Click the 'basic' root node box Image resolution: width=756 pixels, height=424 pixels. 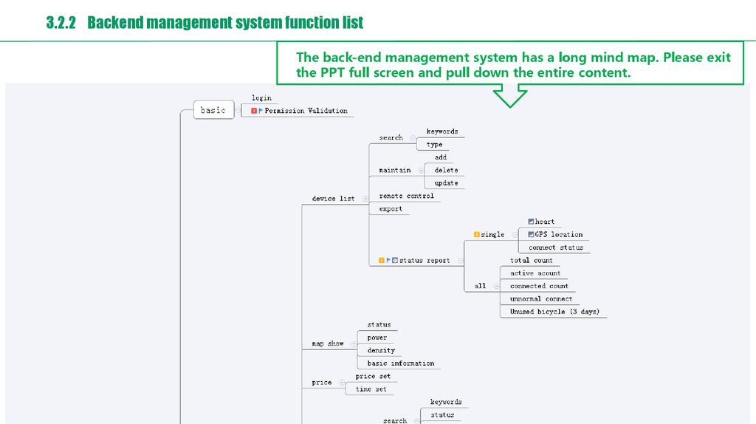click(x=213, y=110)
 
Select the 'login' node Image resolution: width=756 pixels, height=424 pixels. click(x=261, y=98)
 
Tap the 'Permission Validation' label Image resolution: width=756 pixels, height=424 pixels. click(x=306, y=111)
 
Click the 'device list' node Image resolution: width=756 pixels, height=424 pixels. click(x=333, y=198)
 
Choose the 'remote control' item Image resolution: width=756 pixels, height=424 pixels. click(x=406, y=196)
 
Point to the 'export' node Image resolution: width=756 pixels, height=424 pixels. click(x=391, y=209)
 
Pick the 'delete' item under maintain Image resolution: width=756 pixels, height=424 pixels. click(x=446, y=170)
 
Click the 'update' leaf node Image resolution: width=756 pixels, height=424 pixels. click(x=446, y=183)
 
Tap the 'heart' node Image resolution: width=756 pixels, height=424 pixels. click(x=545, y=222)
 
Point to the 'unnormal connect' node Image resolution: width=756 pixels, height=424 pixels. click(x=541, y=298)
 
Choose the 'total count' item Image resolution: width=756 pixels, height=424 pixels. click(x=532, y=260)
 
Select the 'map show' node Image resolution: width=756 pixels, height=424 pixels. click(x=327, y=343)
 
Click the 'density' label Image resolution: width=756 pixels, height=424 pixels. click(x=381, y=350)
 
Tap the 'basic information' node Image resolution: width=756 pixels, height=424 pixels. click(x=400, y=363)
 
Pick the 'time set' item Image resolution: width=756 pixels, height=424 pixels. click(x=371, y=389)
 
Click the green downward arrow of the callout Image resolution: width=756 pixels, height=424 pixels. click(x=510, y=97)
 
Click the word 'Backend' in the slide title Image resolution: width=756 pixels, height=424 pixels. click(x=114, y=23)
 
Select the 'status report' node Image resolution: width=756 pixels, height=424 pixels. click(x=425, y=260)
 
